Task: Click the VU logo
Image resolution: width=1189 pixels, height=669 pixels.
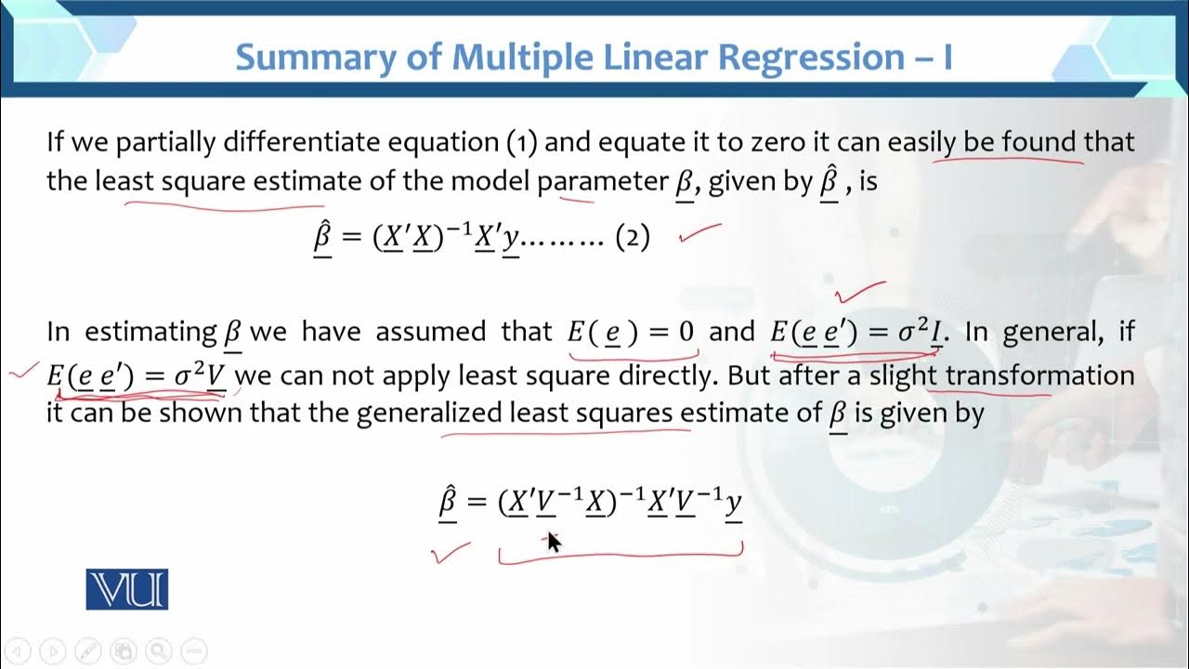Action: pos(127,589)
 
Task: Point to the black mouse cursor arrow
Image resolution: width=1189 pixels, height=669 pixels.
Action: pos(553,541)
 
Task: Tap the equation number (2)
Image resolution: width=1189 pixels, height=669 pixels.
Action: pos(633,238)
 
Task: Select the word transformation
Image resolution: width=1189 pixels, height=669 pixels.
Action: pos(1039,375)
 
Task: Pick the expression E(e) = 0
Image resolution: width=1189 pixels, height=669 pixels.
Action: pos(632,333)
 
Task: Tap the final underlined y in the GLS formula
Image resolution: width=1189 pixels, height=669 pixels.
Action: pos(733,504)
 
